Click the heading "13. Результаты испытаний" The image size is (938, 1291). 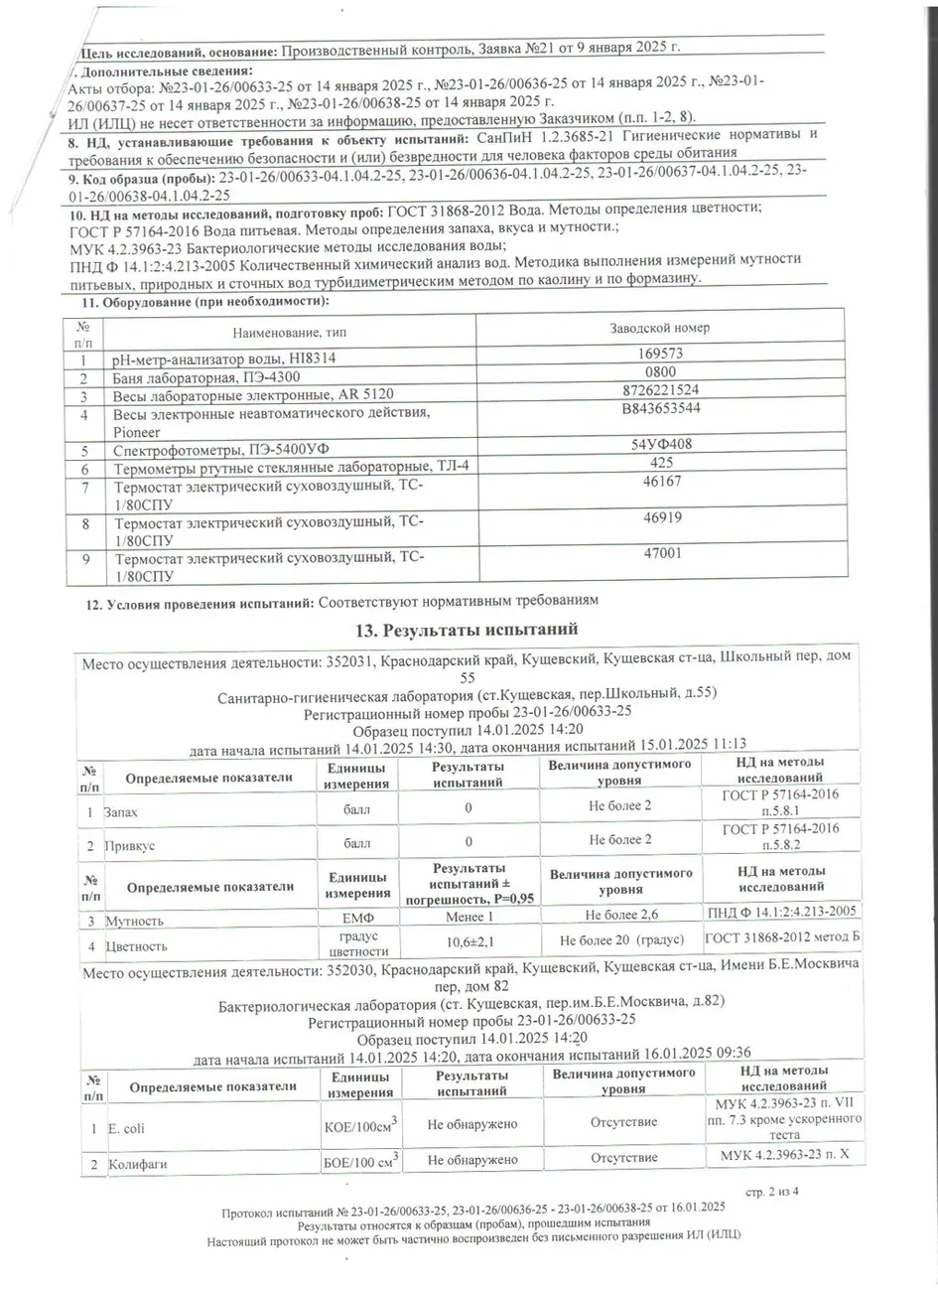click(466, 630)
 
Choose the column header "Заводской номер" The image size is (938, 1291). click(658, 328)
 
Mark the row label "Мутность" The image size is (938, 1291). click(134, 921)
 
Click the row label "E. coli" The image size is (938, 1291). click(126, 1128)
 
